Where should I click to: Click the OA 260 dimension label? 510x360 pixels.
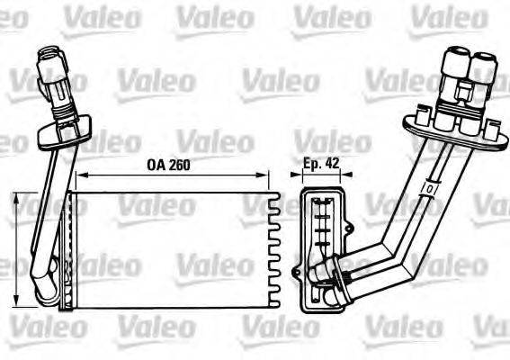tap(168, 165)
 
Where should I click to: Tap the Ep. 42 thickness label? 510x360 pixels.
tap(321, 165)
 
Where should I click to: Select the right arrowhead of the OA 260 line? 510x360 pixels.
tap(267, 176)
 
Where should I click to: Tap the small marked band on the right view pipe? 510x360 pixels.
tap(430, 190)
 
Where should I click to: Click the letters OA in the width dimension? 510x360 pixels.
tap(154, 165)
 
